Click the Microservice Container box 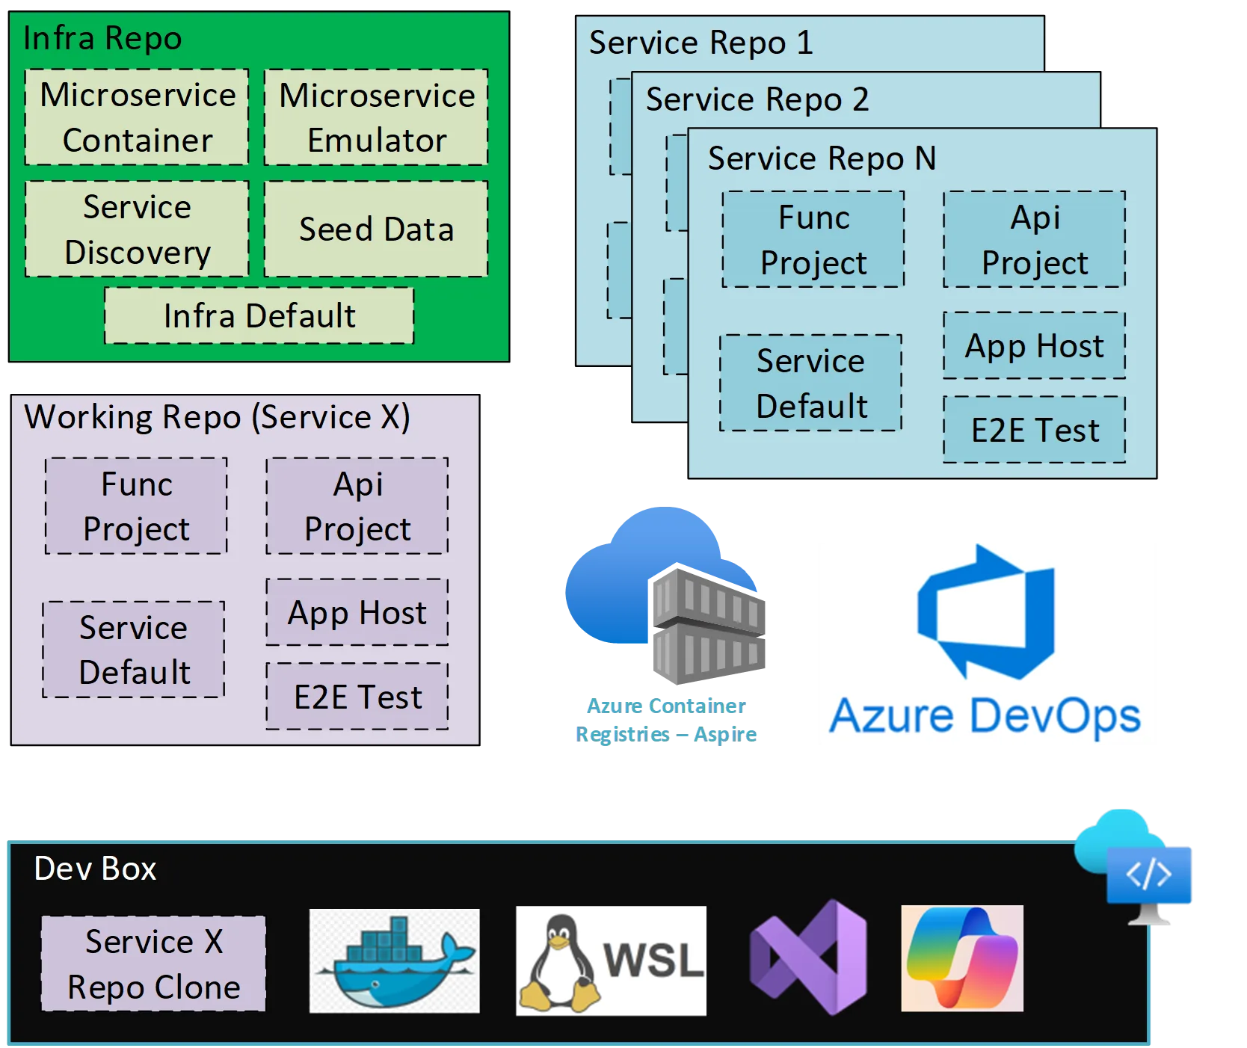coord(137,117)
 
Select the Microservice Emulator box coord(376,117)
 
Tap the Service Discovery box coord(137,229)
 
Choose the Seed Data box coord(376,229)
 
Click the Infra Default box coord(259,315)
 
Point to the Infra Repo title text coord(102,38)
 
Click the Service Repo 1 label coord(701,43)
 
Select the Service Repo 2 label coord(757,99)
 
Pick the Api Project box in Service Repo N coord(1034,239)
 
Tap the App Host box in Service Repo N coord(1034,345)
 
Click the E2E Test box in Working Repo coord(357,697)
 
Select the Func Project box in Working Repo coord(136,506)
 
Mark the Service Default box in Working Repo coord(134,650)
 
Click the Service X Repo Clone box coord(153,964)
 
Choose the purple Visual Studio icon coord(809,958)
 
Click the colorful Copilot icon coord(961,958)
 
